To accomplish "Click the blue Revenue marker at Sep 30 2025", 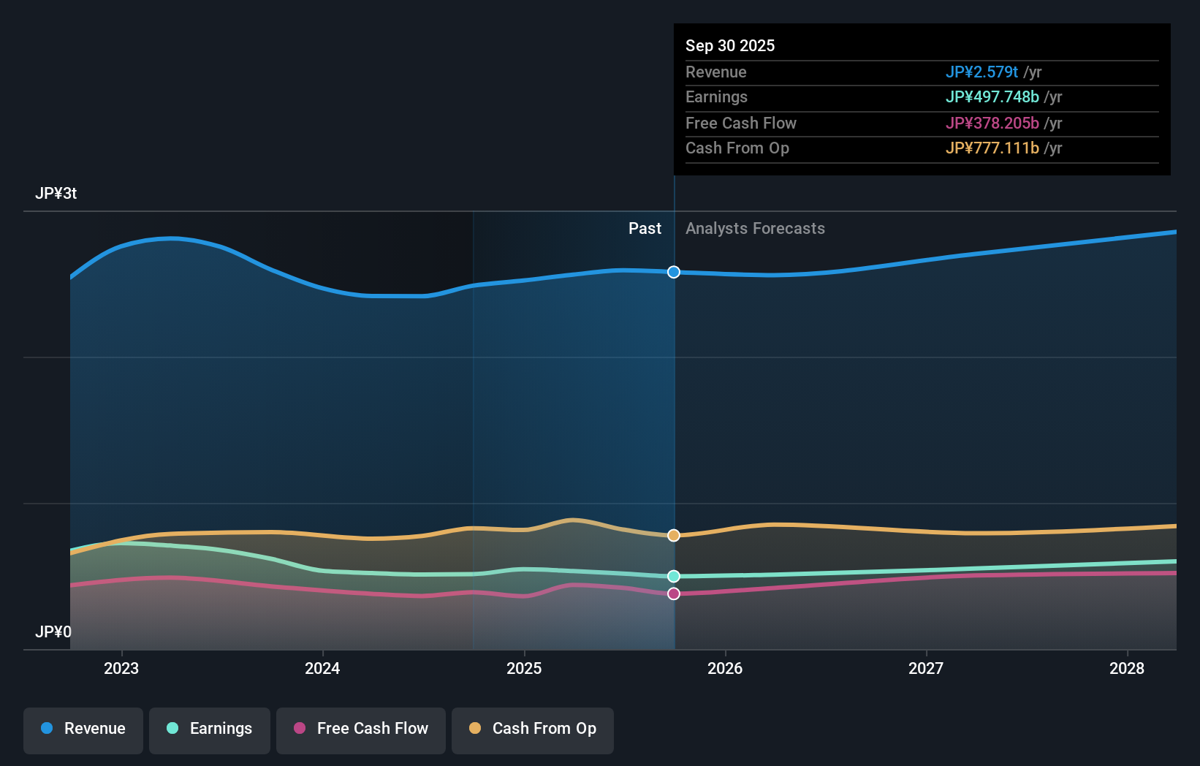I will [674, 272].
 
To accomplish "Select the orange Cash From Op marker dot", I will [674, 536].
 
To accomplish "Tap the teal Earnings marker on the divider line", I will [674, 577].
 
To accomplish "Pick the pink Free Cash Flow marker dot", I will [674, 594].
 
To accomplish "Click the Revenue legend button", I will [83, 729].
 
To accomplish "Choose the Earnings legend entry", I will [210, 729].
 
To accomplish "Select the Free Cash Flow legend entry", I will [361, 729].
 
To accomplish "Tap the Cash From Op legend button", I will [533, 729].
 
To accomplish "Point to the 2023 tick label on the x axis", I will [121, 668].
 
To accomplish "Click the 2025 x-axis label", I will [524, 668].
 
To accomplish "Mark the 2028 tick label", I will [1127, 668].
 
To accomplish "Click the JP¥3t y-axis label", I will [56, 194].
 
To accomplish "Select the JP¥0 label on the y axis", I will [53, 632].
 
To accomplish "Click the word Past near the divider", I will [645, 229].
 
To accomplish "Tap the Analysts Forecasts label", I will [755, 229].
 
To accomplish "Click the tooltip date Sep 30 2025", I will [730, 45].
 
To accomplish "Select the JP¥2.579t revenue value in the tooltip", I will [981, 72].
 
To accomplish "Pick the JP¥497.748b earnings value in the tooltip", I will [992, 97].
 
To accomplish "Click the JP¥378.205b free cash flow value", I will [992, 123].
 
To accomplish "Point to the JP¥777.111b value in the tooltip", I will [992, 148].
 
